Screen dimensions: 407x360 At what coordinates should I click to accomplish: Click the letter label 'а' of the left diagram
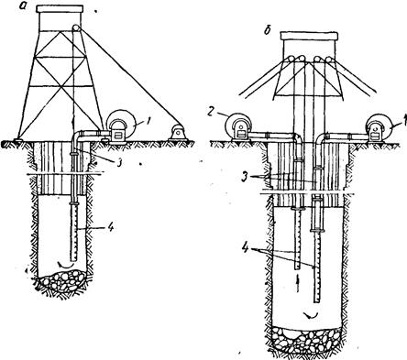click(x=22, y=5)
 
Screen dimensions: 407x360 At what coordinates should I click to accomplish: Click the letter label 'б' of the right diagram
click(x=268, y=31)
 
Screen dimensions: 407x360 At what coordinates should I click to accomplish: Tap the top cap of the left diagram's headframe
click(x=60, y=8)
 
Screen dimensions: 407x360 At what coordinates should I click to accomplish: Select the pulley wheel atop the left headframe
click(x=76, y=28)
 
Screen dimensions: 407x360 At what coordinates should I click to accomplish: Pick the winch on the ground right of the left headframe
click(x=177, y=134)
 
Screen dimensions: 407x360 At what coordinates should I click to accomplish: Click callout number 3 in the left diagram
click(x=118, y=162)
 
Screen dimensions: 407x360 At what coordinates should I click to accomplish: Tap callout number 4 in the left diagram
click(x=111, y=227)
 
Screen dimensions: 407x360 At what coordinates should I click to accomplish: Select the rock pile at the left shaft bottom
click(x=64, y=280)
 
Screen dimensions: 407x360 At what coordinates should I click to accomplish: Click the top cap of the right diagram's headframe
click(x=309, y=36)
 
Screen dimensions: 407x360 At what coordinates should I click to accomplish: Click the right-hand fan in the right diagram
click(x=379, y=127)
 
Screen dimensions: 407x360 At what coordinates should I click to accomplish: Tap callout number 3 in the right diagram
click(x=244, y=178)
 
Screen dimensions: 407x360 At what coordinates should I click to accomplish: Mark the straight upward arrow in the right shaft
click(x=298, y=283)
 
